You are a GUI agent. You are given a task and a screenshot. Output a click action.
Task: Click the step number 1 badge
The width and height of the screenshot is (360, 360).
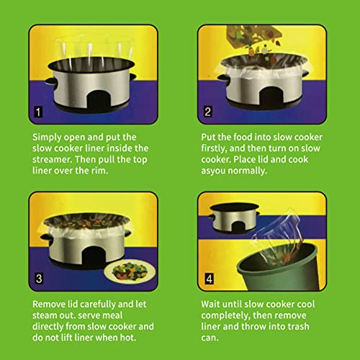click(37, 111)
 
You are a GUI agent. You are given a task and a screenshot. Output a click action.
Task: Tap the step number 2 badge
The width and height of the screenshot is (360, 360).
click(207, 111)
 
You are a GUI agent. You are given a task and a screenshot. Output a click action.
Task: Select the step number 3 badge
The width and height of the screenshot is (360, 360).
click(37, 278)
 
